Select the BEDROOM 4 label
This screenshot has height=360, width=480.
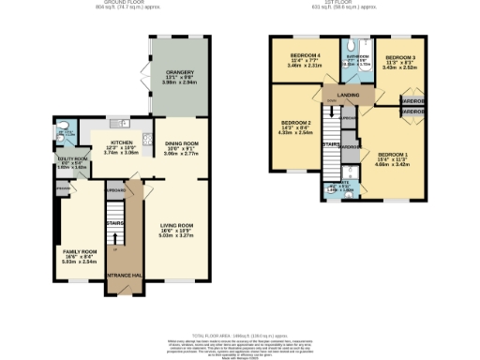click(x=306, y=55)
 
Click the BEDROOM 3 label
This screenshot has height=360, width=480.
click(x=399, y=57)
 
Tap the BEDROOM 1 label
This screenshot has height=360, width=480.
click(x=393, y=154)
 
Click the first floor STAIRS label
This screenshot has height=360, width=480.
click(x=330, y=144)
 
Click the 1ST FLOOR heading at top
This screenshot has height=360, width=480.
click(x=360, y=3)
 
